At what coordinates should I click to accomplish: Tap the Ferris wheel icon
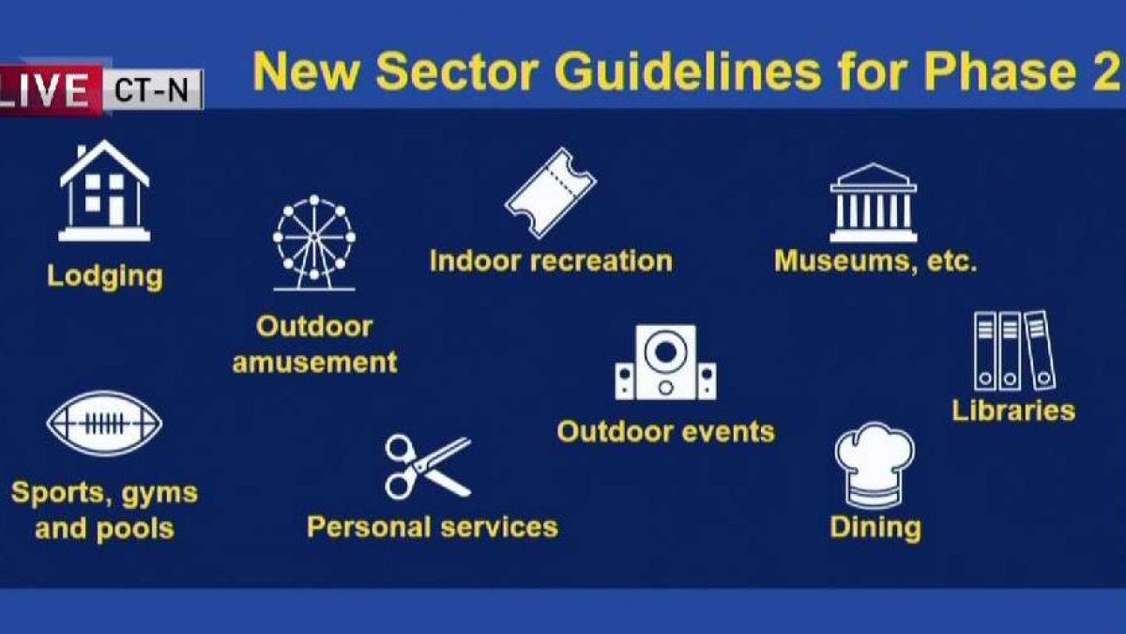tap(314, 242)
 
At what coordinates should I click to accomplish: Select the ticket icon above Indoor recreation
tap(550, 193)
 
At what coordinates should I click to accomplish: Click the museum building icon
tap(873, 203)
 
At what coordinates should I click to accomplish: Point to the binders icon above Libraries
tap(1013, 350)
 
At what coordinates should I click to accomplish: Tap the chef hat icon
tap(874, 465)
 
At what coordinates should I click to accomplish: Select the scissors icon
tap(427, 466)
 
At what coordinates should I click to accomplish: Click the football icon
tap(104, 424)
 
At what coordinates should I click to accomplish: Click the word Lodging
tap(104, 276)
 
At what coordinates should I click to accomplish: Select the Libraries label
tap(1013, 410)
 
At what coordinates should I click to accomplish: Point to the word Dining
tap(875, 527)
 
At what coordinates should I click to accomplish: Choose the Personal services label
tap(433, 526)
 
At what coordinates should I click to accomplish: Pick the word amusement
tap(314, 362)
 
